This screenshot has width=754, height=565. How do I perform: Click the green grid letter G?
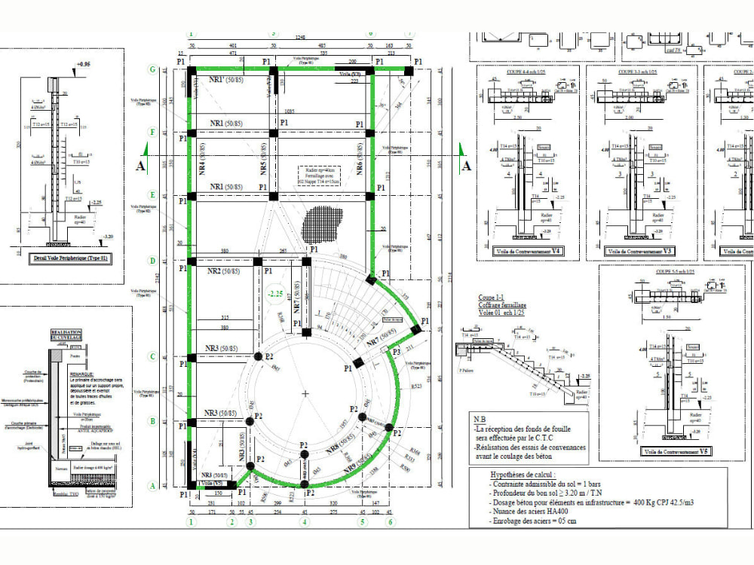(152, 69)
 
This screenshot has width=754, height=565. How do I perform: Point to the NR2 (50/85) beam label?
(223, 271)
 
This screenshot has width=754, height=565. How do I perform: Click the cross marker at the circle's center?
(305, 394)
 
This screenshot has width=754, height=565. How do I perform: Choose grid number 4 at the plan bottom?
(305, 521)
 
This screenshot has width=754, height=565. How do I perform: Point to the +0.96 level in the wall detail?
(84, 66)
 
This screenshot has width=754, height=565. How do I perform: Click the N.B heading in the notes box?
(480, 418)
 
